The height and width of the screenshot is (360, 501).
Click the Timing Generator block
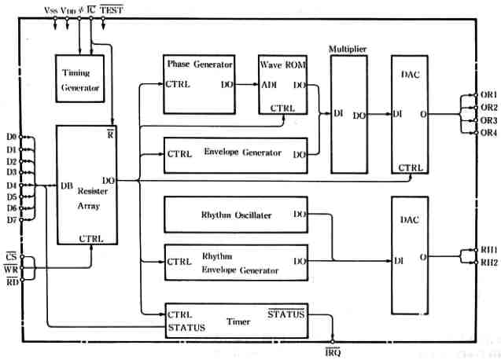click(x=81, y=79)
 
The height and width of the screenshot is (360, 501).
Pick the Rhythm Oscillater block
click(x=235, y=214)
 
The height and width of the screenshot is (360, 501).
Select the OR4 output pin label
click(x=488, y=132)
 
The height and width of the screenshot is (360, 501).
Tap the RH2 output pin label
click(x=488, y=262)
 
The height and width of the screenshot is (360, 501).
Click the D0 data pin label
click(x=11, y=136)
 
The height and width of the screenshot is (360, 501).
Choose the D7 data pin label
click(x=11, y=220)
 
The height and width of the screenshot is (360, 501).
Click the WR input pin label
click(x=10, y=269)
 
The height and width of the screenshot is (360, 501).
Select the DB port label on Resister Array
click(x=68, y=186)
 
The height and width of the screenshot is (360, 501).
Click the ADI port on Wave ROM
click(x=269, y=84)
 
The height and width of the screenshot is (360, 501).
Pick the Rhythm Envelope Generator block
click(x=235, y=263)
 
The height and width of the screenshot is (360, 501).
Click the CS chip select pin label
click(x=10, y=256)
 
